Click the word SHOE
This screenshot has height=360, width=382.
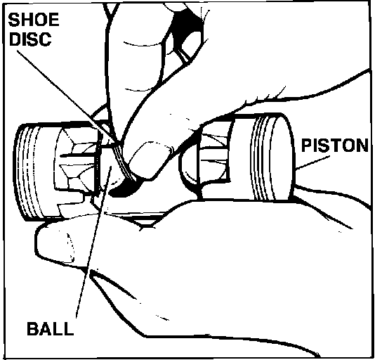click(x=34, y=20)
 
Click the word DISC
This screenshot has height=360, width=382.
click(x=31, y=39)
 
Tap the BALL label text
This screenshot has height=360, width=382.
click(x=50, y=328)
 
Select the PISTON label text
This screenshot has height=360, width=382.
click(x=335, y=146)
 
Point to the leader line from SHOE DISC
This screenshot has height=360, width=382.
click(x=66, y=96)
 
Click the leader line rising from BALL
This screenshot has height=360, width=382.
click(x=94, y=242)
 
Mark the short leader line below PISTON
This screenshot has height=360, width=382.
click(x=312, y=162)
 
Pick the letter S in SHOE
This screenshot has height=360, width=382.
click(x=13, y=20)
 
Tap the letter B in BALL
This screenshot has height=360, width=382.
click(x=32, y=328)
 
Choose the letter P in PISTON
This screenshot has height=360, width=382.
click(x=307, y=146)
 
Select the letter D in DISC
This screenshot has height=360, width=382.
click(x=15, y=39)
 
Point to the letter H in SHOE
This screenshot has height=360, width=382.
click(x=26, y=20)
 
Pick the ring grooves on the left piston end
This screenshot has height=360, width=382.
click(x=28, y=172)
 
